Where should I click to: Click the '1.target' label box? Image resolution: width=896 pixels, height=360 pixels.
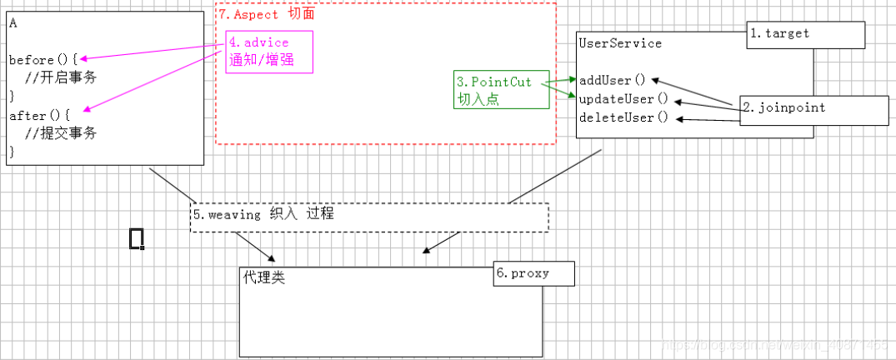coord(805,34)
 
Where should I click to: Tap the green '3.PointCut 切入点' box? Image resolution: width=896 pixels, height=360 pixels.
coord(498,90)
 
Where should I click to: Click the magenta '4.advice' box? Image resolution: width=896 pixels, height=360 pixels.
coord(268,52)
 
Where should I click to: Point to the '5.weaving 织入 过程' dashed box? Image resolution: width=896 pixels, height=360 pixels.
coord(369,216)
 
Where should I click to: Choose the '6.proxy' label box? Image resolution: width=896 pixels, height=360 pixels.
coord(533,273)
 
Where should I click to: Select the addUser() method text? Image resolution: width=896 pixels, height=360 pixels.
coord(613,81)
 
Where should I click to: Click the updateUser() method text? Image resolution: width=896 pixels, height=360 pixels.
coord(623,99)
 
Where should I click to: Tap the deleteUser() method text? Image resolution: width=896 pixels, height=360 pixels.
coord(623,117)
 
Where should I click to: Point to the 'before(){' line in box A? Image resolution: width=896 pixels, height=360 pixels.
coord(43,61)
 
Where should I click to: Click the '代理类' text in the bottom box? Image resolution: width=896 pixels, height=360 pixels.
coord(263,277)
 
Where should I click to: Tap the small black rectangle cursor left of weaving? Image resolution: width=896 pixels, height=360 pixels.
coord(137,238)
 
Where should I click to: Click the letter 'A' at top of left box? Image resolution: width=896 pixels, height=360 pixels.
coord(13,23)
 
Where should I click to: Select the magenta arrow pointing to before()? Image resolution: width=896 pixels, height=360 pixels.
coord(150,53)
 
